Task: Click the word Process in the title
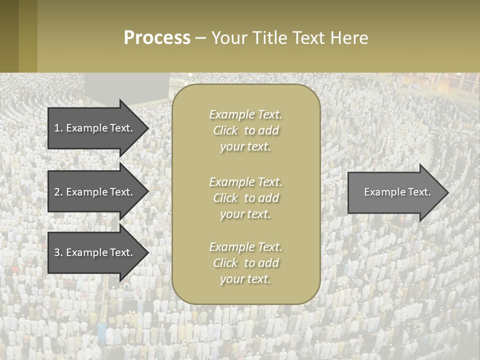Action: click(157, 38)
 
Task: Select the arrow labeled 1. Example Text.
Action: click(95, 128)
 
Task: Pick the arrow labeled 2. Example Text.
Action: click(95, 192)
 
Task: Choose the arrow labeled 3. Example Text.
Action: click(95, 252)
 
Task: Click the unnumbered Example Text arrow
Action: click(395, 192)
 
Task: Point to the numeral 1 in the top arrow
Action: click(57, 128)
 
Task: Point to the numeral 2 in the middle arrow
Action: click(57, 192)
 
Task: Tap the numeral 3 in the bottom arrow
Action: click(57, 252)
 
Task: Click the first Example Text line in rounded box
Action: click(246, 114)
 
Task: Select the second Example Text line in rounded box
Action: click(246, 182)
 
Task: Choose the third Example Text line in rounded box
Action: click(246, 247)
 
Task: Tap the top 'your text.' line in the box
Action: click(245, 147)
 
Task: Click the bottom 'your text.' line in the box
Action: click(245, 279)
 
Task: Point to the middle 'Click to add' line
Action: click(246, 198)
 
